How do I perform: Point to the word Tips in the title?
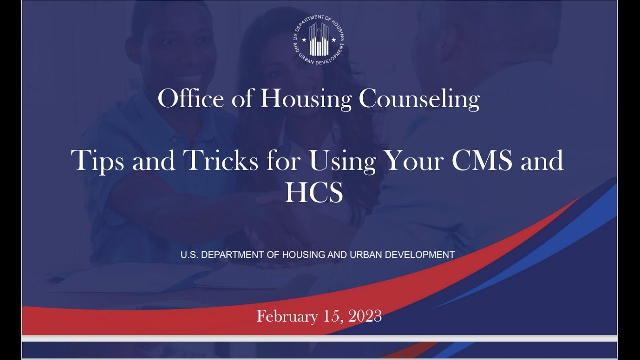pyautogui.click(x=98, y=161)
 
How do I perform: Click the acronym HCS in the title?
pyautogui.click(x=314, y=193)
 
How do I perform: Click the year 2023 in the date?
pyautogui.click(x=365, y=316)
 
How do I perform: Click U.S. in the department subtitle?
pyautogui.click(x=189, y=255)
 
